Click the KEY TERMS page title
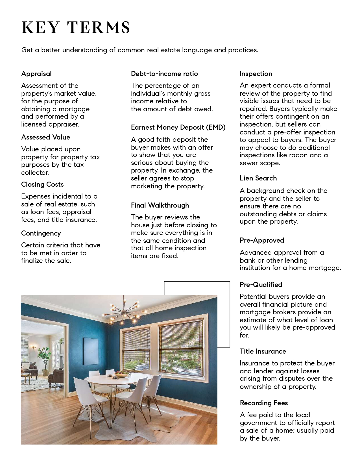pyautogui.click(x=76, y=28)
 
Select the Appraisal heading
pyautogui.click(x=36, y=74)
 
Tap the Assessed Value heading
pyautogui.click(x=45, y=137)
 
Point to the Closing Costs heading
pyautogui.click(x=42, y=184)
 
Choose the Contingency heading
pyautogui.click(x=41, y=233)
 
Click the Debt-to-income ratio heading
pyautogui.click(x=164, y=74)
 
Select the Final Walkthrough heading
pyautogui.click(x=160, y=205)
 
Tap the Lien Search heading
pyautogui.click(x=258, y=178)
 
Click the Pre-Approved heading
pyautogui.click(x=262, y=240)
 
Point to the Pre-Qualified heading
pyautogui.click(x=261, y=285)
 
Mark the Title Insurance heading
pyautogui.click(x=263, y=351)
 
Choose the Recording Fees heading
pyautogui.click(x=264, y=403)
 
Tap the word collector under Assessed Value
pyautogui.click(x=35, y=173)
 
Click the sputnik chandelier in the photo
pyautogui.click(x=124, y=311)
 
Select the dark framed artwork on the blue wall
pyautogui.click(x=91, y=351)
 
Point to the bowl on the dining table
pyautogui.click(x=123, y=374)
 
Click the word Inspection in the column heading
pyautogui.click(x=256, y=74)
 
